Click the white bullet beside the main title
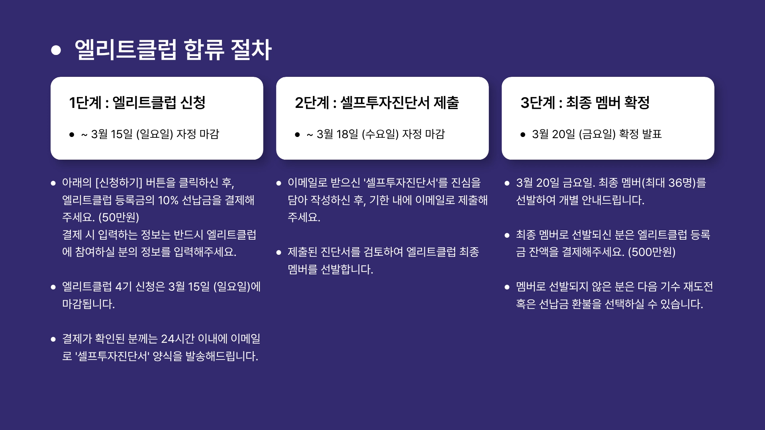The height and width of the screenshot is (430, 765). pyautogui.click(x=56, y=50)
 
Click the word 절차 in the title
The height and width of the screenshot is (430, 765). pyautogui.click(x=251, y=50)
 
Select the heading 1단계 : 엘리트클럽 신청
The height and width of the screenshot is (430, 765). pyautogui.click(x=137, y=103)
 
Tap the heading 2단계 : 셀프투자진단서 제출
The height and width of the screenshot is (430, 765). pyautogui.click(x=377, y=103)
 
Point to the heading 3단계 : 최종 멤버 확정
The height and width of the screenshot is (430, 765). pyautogui.click(x=585, y=103)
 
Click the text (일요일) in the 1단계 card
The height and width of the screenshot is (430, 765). pyautogui.click(x=155, y=134)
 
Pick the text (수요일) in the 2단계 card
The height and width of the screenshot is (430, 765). pyautogui.click(x=380, y=134)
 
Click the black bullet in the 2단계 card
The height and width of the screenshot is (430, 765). pyautogui.click(x=297, y=135)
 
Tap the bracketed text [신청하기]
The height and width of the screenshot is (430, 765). pyautogui.click(x=119, y=183)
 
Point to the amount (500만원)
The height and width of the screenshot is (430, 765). pyautogui.click(x=651, y=252)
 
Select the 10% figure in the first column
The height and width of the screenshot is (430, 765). pyautogui.click(x=168, y=200)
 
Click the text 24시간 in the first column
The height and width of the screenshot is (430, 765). pyautogui.click(x=178, y=339)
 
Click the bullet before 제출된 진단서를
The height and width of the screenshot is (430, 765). pyautogui.click(x=279, y=252)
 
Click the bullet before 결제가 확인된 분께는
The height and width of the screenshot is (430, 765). pyautogui.click(x=53, y=339)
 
